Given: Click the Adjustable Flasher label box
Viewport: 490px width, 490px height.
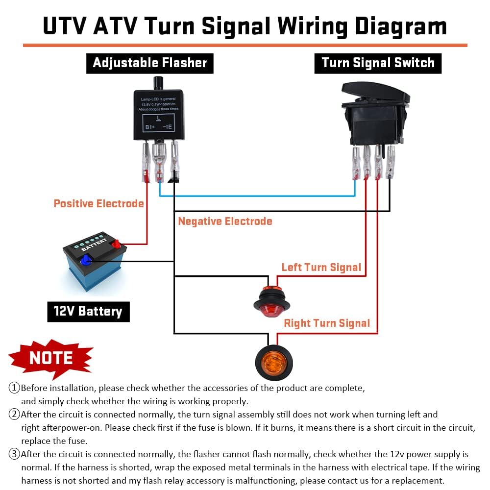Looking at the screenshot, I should click(x=149, y=63).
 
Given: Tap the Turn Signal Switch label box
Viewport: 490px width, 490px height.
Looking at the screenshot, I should click(x=378, y=63).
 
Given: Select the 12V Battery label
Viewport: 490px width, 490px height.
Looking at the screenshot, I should click(x=88, y=311).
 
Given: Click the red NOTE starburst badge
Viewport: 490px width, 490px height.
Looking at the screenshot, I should click(x=50, y=358).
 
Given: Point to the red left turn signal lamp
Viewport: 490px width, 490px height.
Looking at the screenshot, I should click(x=271, y=302).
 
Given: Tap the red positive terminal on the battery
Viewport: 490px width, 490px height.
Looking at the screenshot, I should click(x=116, y=243).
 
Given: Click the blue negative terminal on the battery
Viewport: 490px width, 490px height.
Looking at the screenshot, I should click(x=86, y=261).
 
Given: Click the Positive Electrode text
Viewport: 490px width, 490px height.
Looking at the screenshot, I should click(x=98, y=203).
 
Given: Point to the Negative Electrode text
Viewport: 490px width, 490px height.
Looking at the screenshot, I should click(x=225, y=221).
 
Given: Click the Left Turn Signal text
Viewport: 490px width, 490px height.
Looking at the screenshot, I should click(x=321, y=268).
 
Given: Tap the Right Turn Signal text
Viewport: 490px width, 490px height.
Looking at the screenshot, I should click(x=327, y=323).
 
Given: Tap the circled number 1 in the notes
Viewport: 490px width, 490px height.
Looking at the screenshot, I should click(x=14, y=388).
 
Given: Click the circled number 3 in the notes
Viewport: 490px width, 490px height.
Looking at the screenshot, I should click(x=14, y=454).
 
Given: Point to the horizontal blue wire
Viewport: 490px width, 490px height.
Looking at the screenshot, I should click(x=257, y=196).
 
